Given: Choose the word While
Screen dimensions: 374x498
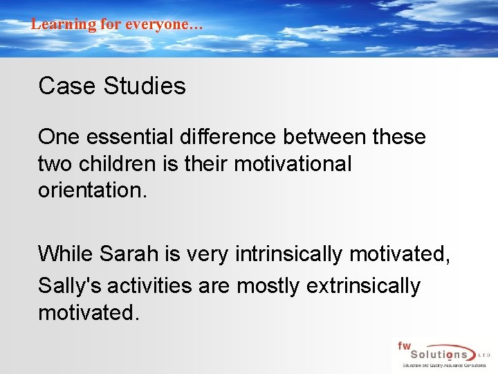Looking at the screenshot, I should [x=66, y=254].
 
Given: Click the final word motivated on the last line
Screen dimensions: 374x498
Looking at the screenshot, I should [x=89, y=312].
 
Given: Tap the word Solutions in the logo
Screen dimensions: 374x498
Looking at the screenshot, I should [x=437, y=354].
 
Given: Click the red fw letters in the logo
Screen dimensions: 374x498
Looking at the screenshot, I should [x=403, y=344].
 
